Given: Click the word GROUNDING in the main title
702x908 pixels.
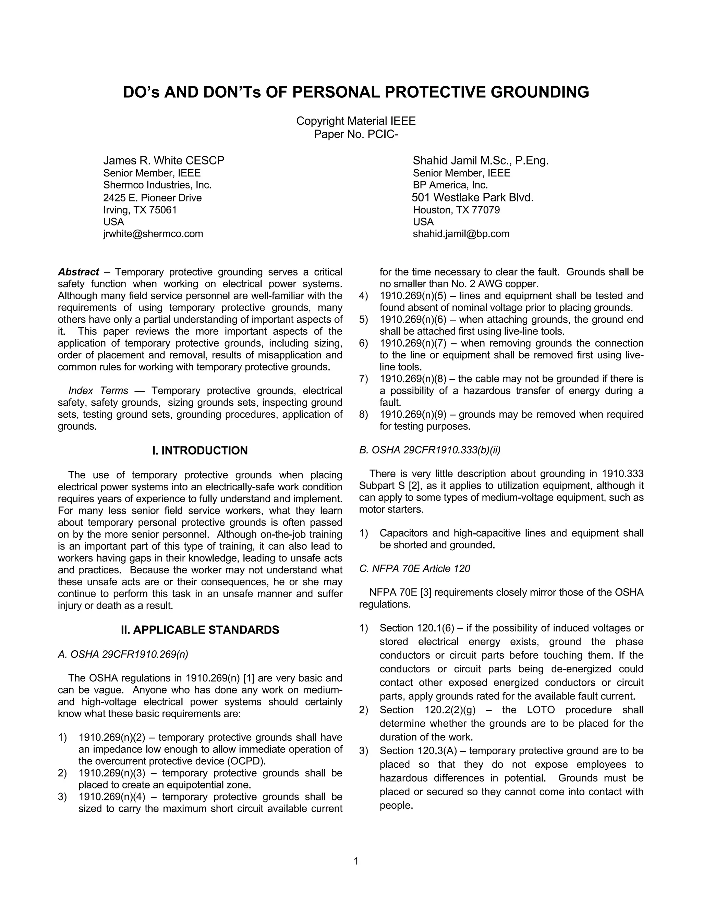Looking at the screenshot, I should tap(540, 92).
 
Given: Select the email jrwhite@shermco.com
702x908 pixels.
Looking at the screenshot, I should tap(153, 234).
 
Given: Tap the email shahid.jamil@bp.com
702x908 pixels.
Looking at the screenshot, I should tap(461, 234).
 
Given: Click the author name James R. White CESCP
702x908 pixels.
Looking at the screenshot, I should tap(164, 160).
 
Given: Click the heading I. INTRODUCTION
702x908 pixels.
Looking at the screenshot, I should tap(200, 451).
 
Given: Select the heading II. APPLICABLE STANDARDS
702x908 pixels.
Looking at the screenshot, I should tap(200, 630).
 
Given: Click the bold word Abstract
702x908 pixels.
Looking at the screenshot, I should tap(78, 272).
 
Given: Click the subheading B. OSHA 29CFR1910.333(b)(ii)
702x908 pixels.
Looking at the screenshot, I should tap(429, 450).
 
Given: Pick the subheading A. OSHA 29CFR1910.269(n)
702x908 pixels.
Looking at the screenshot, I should tap(123, 654).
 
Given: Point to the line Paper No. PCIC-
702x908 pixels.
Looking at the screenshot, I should tap(356, 134).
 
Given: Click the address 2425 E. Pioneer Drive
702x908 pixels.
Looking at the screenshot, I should tap(152, 198).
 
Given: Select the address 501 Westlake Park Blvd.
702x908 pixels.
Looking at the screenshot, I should tap(472, 197).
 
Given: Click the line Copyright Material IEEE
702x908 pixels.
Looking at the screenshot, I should tap(356, 121).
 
